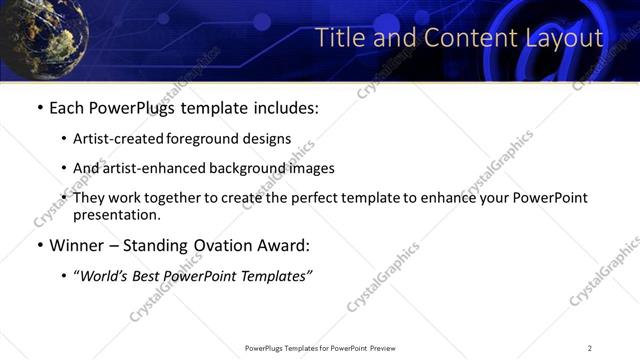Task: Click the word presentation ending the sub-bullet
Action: (115, 215)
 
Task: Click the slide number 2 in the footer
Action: (589, 348)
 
